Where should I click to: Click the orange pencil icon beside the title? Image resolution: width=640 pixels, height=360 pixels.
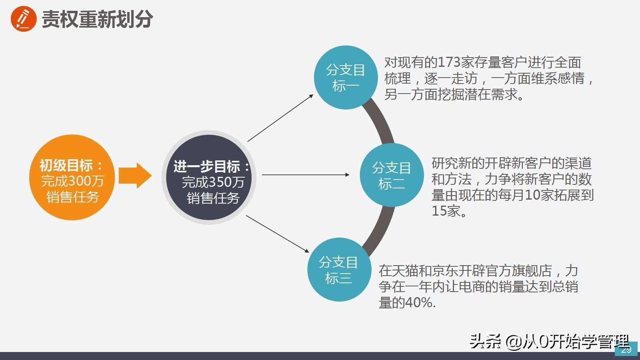(24, 19)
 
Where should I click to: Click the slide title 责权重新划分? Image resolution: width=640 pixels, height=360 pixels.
(97, 19)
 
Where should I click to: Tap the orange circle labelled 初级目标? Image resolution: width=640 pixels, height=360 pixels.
(72, 177)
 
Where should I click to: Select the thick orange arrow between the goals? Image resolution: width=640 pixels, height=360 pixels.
(135, 175)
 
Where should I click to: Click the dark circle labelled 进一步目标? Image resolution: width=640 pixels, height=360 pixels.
(209, 177)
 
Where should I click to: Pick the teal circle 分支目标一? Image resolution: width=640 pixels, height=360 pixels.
(346, 78)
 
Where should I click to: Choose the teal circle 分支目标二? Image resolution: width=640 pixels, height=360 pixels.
(392, 175)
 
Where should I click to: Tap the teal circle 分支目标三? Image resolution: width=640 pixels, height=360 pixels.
(339, 270)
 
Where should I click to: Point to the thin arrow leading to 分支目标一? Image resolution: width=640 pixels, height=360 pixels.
(280, 118)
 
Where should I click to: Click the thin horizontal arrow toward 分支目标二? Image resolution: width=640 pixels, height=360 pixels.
(306, 175)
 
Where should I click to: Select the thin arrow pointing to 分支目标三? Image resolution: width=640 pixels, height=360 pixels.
(277, 234)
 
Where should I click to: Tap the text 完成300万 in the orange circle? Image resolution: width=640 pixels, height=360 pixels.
(72, 181)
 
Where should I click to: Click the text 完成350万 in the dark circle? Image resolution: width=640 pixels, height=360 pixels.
(213, 182)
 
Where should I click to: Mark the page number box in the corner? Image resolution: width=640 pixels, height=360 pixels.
(626, 349)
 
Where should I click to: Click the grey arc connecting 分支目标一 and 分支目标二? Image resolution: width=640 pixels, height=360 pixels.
(380, 122)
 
